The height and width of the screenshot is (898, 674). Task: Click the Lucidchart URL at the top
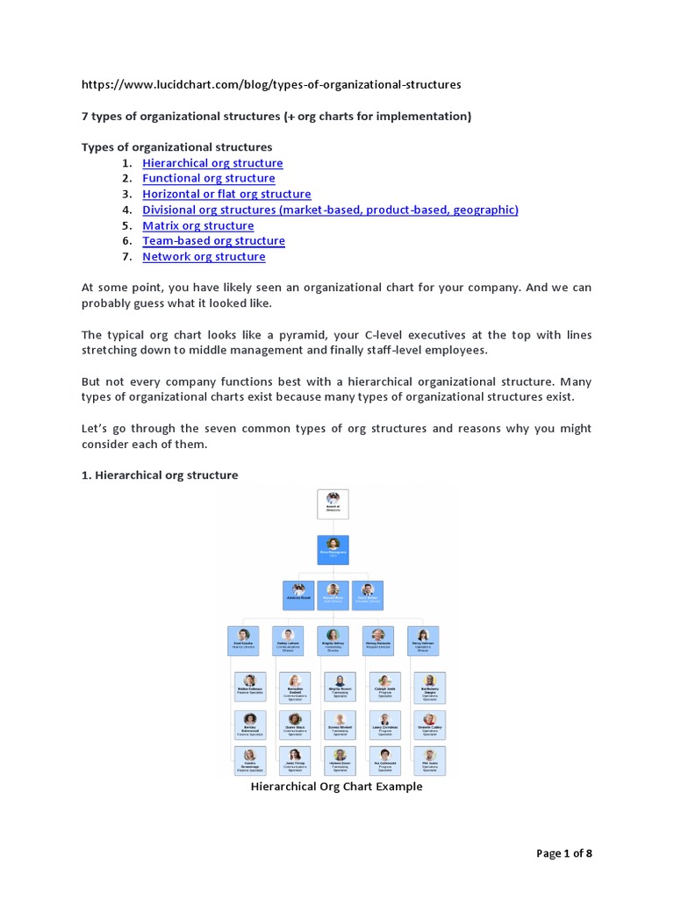point(271,84)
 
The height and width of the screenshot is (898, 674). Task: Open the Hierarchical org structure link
point(212,163)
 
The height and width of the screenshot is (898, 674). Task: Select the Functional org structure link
point(209,179)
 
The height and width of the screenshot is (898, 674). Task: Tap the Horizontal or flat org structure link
point(226,194)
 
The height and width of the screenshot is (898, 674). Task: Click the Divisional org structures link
point(330,210)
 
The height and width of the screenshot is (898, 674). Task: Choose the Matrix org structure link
point(198,225)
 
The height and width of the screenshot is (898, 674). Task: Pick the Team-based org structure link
point(213,241)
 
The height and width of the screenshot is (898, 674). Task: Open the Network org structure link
point(204,257)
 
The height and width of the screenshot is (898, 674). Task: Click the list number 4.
point(126,210)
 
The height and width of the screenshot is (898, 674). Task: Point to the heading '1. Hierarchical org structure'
point(160,474)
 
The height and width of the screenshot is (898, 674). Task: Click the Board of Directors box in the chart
point(333,504)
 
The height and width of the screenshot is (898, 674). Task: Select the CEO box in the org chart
point(333,550)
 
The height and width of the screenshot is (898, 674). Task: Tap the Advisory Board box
point(298,595)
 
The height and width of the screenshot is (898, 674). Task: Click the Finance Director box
point(243,640)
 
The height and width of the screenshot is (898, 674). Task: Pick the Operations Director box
point(422,640)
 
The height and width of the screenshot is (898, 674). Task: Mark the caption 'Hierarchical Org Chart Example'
point(337,787)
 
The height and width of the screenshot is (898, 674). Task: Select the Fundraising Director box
point(333,640)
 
